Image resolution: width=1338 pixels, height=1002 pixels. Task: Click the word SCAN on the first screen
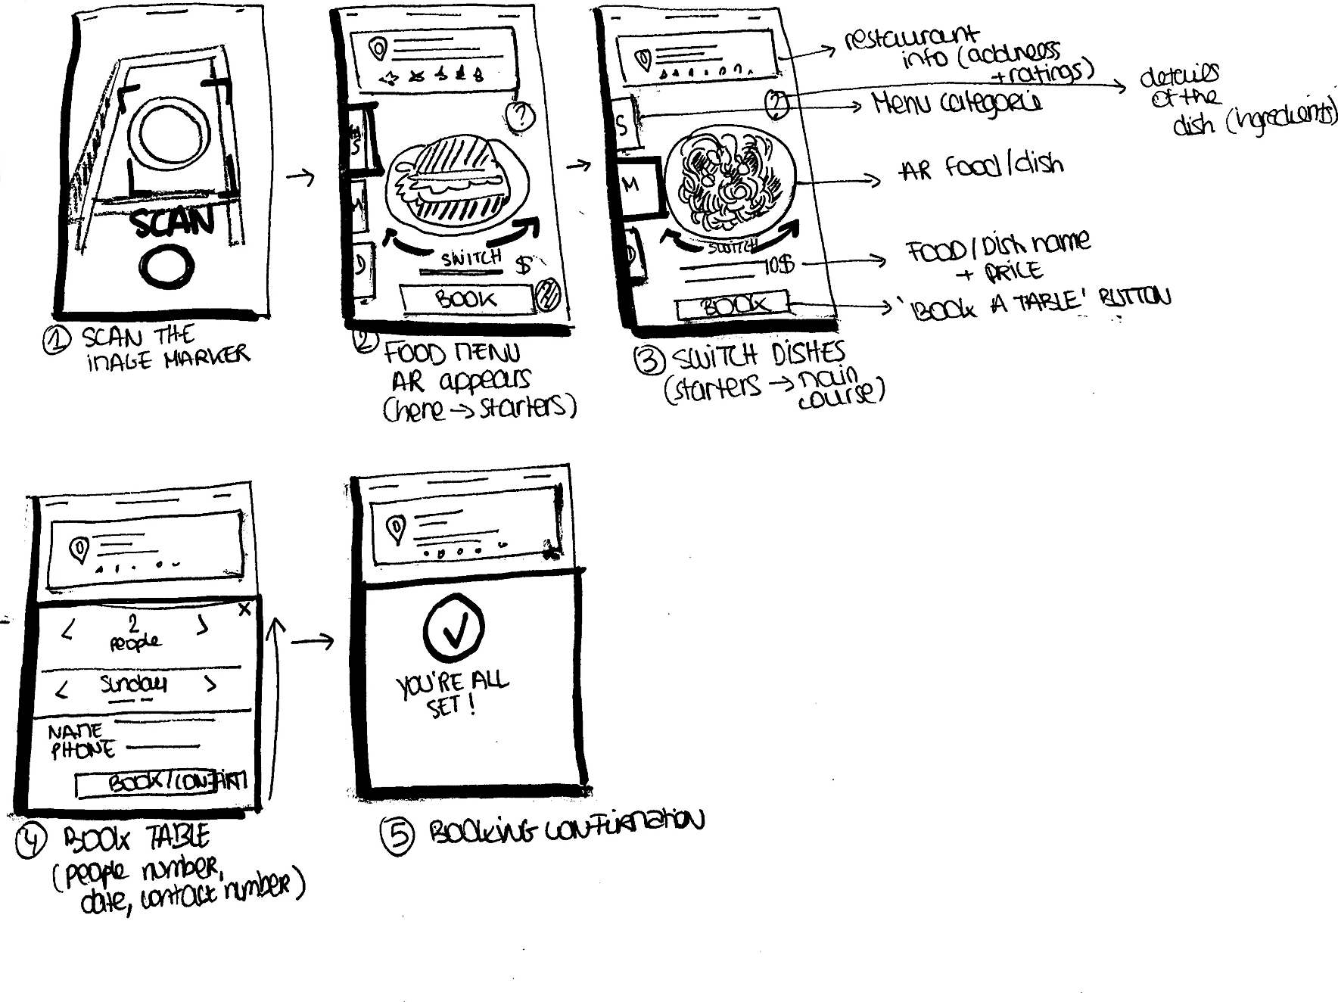click(x=173, y=221)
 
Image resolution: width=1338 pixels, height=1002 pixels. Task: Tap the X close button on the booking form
click(x=244, y=609)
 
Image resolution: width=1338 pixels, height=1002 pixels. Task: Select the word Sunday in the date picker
click(x=134, y=684)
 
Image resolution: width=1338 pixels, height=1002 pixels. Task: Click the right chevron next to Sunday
click(x=210, y=685)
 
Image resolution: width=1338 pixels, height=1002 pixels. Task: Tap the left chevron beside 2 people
click(x=67, y=630)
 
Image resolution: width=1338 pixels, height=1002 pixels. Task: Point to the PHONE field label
click(x=82, y=750)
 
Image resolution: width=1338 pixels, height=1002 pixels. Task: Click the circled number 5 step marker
click(x=398, y=836)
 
